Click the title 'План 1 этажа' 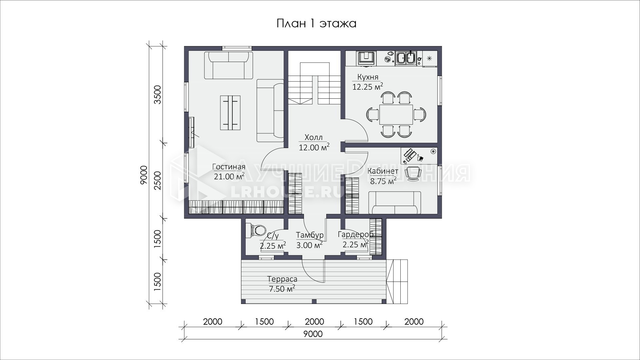tap(316, 24)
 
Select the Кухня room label tap(368, 77)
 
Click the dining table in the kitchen tap(396, 114)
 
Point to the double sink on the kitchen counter tap(405, 58)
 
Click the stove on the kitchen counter tap(366, 58)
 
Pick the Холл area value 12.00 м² tap(314, 147)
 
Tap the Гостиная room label tap(229, 167)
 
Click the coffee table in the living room tap(230, 113)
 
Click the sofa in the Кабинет tap(395, 202)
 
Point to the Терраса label tap(282, 279)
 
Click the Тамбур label tap(310, 235)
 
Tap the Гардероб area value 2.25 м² tap(356, 244)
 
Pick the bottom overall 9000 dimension tap(313, 334)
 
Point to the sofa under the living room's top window tap(229, 65)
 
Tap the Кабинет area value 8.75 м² tap(383, 181)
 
